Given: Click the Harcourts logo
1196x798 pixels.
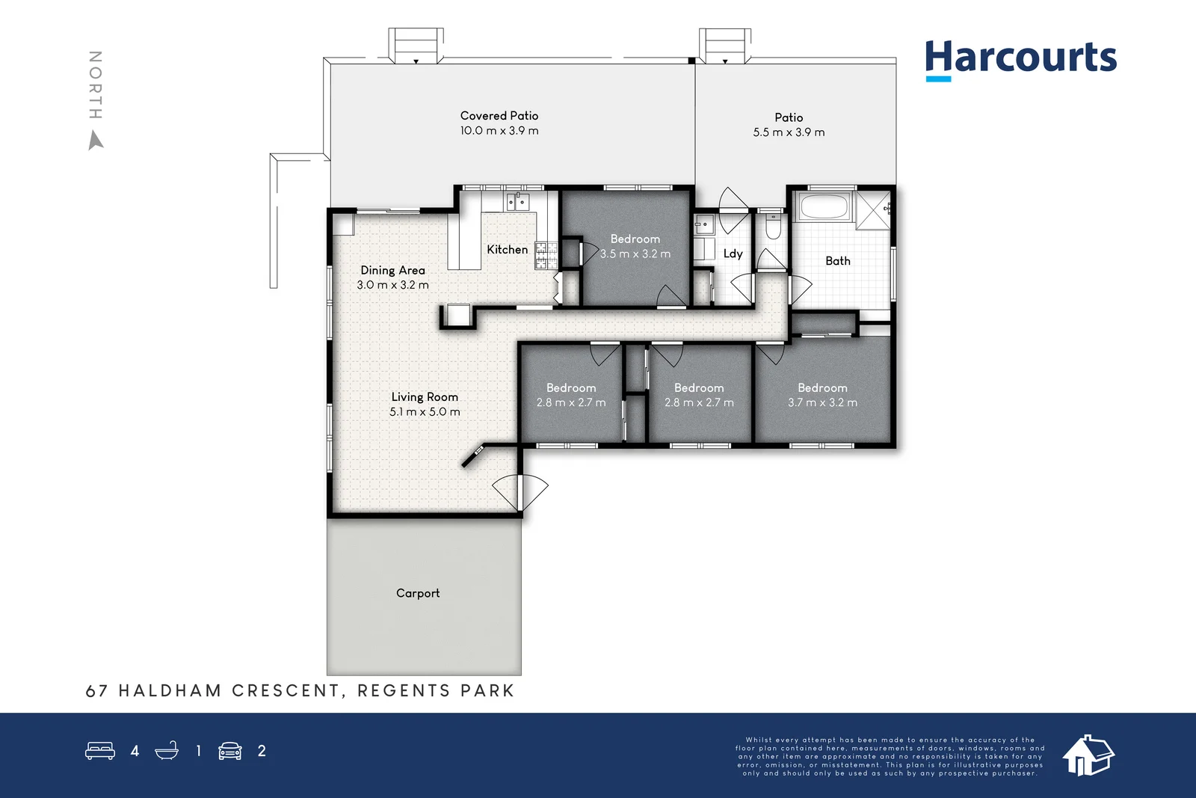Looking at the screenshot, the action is click(x=1021, y=61).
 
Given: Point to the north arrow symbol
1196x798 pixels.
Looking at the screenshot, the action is click(x=96, y=141).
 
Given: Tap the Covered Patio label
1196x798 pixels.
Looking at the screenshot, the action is click(x=499, y=116).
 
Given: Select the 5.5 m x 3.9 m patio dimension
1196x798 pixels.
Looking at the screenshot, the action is click(x=789, y=132).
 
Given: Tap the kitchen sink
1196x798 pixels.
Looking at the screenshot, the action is click(x=517, y=202).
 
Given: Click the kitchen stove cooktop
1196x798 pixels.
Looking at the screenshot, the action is click(x=546, y=255).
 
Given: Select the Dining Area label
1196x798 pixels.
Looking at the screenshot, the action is click(x=393, y=270).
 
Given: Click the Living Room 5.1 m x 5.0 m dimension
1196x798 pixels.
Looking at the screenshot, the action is click(x=425, y=412).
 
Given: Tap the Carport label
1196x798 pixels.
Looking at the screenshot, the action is click(x=418, y=593).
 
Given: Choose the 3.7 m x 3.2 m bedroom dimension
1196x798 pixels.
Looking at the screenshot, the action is click(x=823, y=402).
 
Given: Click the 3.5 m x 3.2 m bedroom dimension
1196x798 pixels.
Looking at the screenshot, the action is click(x=635, y=254).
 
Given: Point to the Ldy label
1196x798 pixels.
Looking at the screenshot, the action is click(x=733, y=254).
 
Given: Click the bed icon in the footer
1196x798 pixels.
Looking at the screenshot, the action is click(x=100, y=750).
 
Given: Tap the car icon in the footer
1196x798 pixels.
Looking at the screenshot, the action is click(x=230, y=751).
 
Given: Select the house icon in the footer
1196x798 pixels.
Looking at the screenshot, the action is click(x=1088, y=755).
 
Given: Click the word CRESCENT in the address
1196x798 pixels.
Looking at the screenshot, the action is click(x=286, y=690).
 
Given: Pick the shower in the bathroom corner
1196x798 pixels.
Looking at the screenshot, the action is click(x=874, y=210).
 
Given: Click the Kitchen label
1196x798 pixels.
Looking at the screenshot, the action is click(x=508, y=250).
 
